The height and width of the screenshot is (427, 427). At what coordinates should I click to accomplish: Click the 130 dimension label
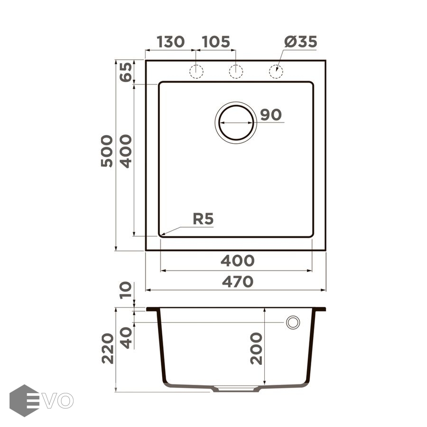pos(171,42)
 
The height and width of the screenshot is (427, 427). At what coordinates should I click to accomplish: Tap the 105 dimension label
pos(216,42)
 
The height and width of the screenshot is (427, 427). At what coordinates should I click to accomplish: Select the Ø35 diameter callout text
pos(301,42)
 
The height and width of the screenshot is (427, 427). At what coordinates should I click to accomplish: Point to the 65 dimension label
pos(126,72)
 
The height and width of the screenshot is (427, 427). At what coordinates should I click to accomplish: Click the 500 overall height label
pos(107,151)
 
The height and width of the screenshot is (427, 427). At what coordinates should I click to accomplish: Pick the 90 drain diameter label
pos(271,115)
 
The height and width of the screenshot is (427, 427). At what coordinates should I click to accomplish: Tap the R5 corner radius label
pos(203,219)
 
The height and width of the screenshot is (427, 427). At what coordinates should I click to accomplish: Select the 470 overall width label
pos(238,281)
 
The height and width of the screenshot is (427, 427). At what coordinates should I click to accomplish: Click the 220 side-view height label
pos(108,348)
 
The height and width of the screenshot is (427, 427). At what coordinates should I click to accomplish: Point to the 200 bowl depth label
pos(256,348)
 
